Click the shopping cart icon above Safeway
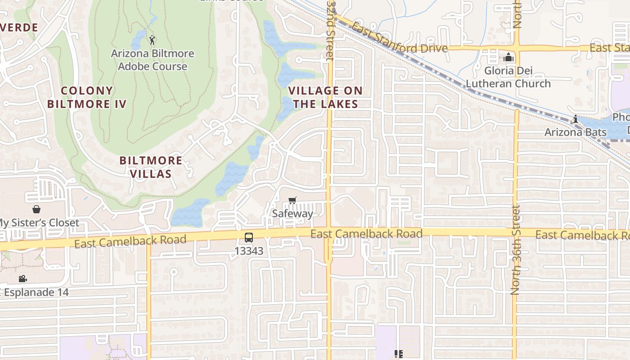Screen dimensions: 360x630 (292, 200)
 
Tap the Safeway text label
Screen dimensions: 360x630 (292, 213)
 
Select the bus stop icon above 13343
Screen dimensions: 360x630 (249, 238)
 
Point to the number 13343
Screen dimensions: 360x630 (249, 251)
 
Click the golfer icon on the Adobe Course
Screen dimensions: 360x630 (152, 40)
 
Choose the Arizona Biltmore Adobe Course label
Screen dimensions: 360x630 (153, 60)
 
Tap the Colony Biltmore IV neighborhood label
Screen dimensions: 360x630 (86, 97)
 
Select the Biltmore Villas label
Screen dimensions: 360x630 (151, 167)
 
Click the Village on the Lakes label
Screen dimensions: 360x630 (325, 97)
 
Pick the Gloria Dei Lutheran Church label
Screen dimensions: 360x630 (508, 77)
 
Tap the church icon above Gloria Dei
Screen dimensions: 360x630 (509, 58)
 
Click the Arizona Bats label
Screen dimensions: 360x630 (575, 132)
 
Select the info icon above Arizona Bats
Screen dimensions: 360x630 (575, 119)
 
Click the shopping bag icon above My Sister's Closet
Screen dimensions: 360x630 (36, 209)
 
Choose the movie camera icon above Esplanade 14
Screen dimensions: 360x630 (23, 279)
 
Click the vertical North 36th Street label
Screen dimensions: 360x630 (516, 250)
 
